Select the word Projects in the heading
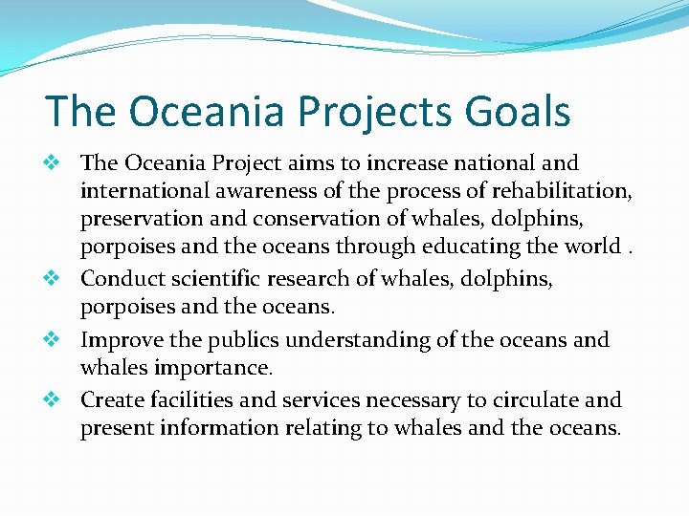click(365, 111)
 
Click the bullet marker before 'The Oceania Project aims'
click(55, 163)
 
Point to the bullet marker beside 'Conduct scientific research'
click(55, 279)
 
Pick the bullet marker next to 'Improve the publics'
click(55, 339)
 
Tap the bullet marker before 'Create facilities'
click(55, 399)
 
